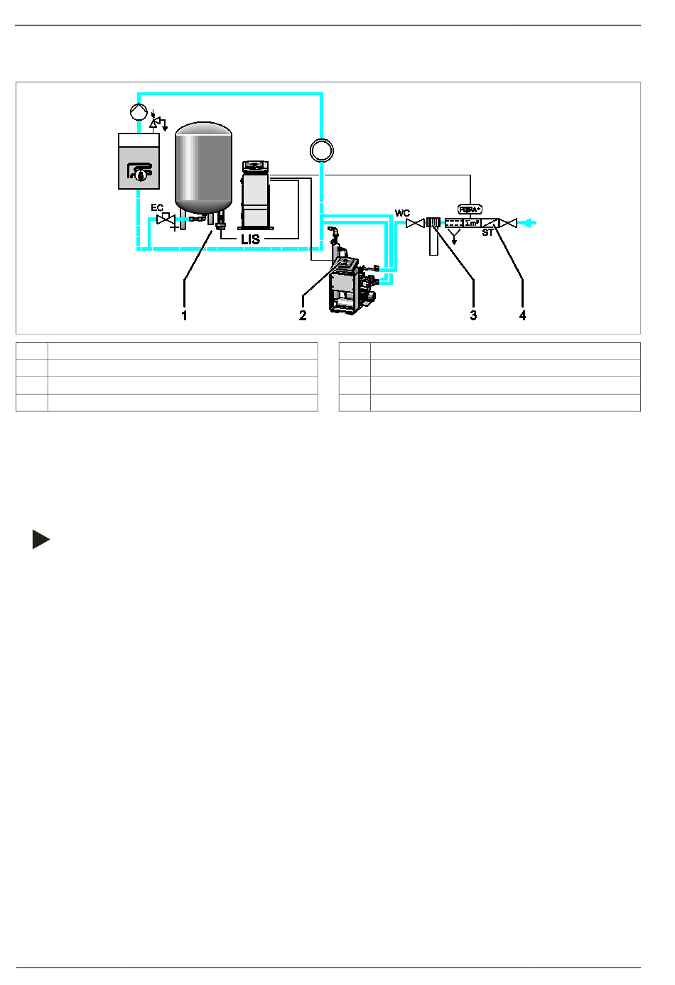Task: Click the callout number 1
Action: pos(185,315)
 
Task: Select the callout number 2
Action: pos(303,315)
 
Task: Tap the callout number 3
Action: pos(473,315)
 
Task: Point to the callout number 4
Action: pos(523,315)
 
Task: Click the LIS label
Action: pos(250,240)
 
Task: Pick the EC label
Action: pos(157,208)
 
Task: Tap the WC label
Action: pos(402,213)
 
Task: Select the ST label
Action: pos(487,233)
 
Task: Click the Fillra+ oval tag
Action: pos(470,209)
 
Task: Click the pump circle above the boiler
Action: pos(138,112)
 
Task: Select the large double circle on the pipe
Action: pos(321,151)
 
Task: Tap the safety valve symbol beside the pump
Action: pos(155,123)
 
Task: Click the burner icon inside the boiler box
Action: pos(140,172)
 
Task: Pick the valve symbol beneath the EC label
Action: pos(166,220)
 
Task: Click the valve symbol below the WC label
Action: pos(415,223)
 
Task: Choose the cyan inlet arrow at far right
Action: pos(530,223)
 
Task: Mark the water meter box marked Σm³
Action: pos(471,223)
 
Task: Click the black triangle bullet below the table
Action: pos(40,540)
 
